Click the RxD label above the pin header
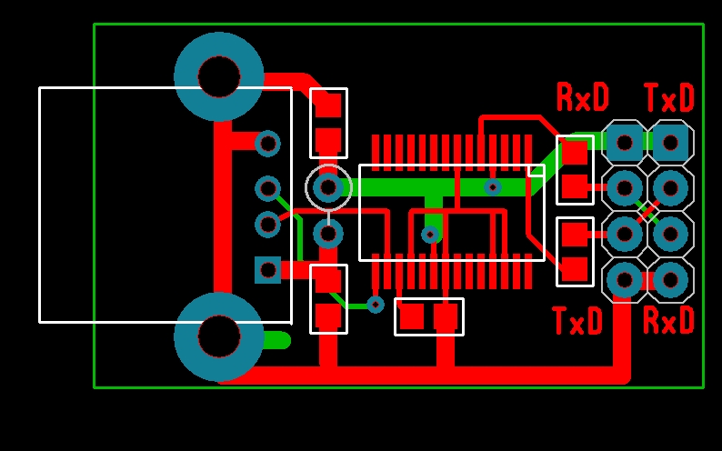582,97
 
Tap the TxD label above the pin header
668,97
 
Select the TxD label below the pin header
577,321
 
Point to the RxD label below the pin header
668,320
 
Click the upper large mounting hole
219,77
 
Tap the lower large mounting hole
219,336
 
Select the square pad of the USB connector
267,270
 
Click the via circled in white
328,187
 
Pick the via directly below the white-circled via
328,234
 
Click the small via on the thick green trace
492,187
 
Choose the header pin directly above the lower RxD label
671,280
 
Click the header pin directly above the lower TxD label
625,280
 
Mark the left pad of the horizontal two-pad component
412,316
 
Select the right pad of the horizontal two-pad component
446,316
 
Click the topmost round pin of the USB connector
267,143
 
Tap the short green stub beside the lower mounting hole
276,341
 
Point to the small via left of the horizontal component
376,305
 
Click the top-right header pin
671,142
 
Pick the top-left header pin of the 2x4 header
625,142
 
